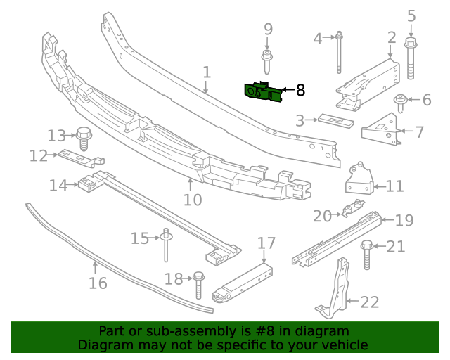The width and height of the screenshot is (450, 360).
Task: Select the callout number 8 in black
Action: [300, 90]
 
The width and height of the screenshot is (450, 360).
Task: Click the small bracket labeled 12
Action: [79, 157]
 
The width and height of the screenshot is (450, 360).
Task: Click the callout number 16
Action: [98, 283]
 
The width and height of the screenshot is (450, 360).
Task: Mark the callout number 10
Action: [192, 200]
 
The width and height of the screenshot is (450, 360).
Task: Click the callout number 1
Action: [207, 72]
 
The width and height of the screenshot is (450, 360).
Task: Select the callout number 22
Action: [370, 302]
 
